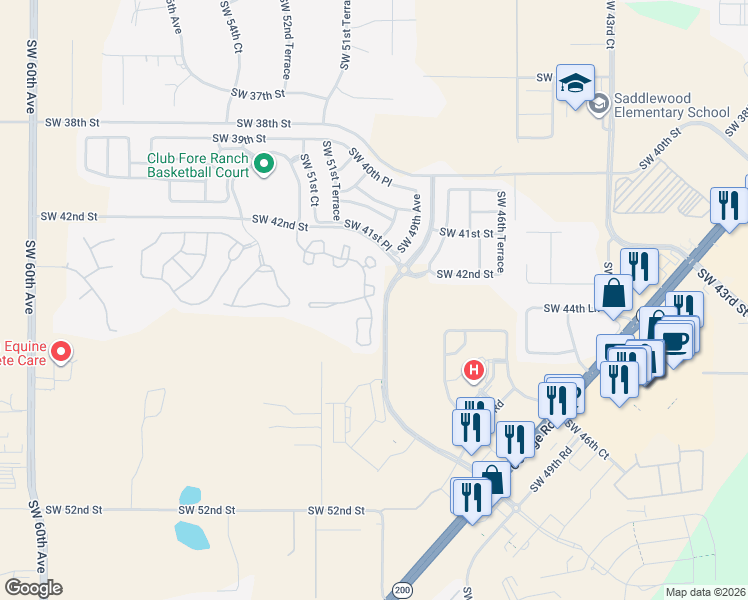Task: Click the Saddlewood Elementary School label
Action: pos(673,105)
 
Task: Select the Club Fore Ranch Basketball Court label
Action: pos(197,164)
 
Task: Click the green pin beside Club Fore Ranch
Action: pos(264,163)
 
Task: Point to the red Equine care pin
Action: pos(61,351)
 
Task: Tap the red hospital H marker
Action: pos(475,371)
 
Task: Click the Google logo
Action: pos(33,588)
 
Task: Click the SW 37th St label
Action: pos(258,93)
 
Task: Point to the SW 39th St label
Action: pos(239,138)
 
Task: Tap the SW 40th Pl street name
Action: pos(370,165)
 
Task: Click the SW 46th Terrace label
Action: pos(501,233)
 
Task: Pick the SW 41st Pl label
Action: pos(366,234)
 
